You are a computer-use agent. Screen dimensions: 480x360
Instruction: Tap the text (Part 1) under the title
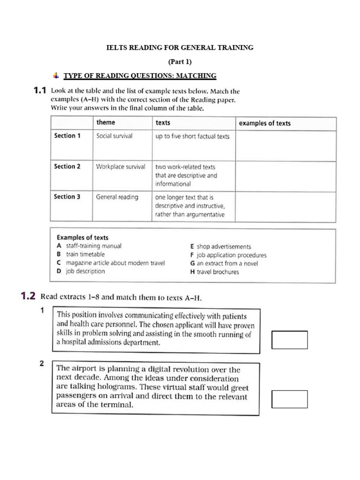[180, 61]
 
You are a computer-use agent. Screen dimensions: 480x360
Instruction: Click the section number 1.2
[28, 296]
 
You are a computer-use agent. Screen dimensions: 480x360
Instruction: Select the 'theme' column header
[105, 123]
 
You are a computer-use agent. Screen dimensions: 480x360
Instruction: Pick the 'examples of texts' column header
[264, 123]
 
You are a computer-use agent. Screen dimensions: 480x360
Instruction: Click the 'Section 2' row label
[67, 166]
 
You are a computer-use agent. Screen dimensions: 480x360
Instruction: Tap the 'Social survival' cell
[114, 136]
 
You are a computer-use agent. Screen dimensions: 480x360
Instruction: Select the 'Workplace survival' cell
[120, 166]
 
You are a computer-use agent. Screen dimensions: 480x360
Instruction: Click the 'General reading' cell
[117, 197]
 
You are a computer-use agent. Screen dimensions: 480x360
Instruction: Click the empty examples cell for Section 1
[285, 146]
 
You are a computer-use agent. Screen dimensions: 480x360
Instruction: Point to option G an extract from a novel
[224, 263]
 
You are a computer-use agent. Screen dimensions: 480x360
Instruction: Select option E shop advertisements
[220, 247]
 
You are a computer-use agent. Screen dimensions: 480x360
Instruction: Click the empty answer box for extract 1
[289, 340]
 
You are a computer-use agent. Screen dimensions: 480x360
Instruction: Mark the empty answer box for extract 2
[289, 399]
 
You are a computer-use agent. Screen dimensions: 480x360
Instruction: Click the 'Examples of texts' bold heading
[82, 237]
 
